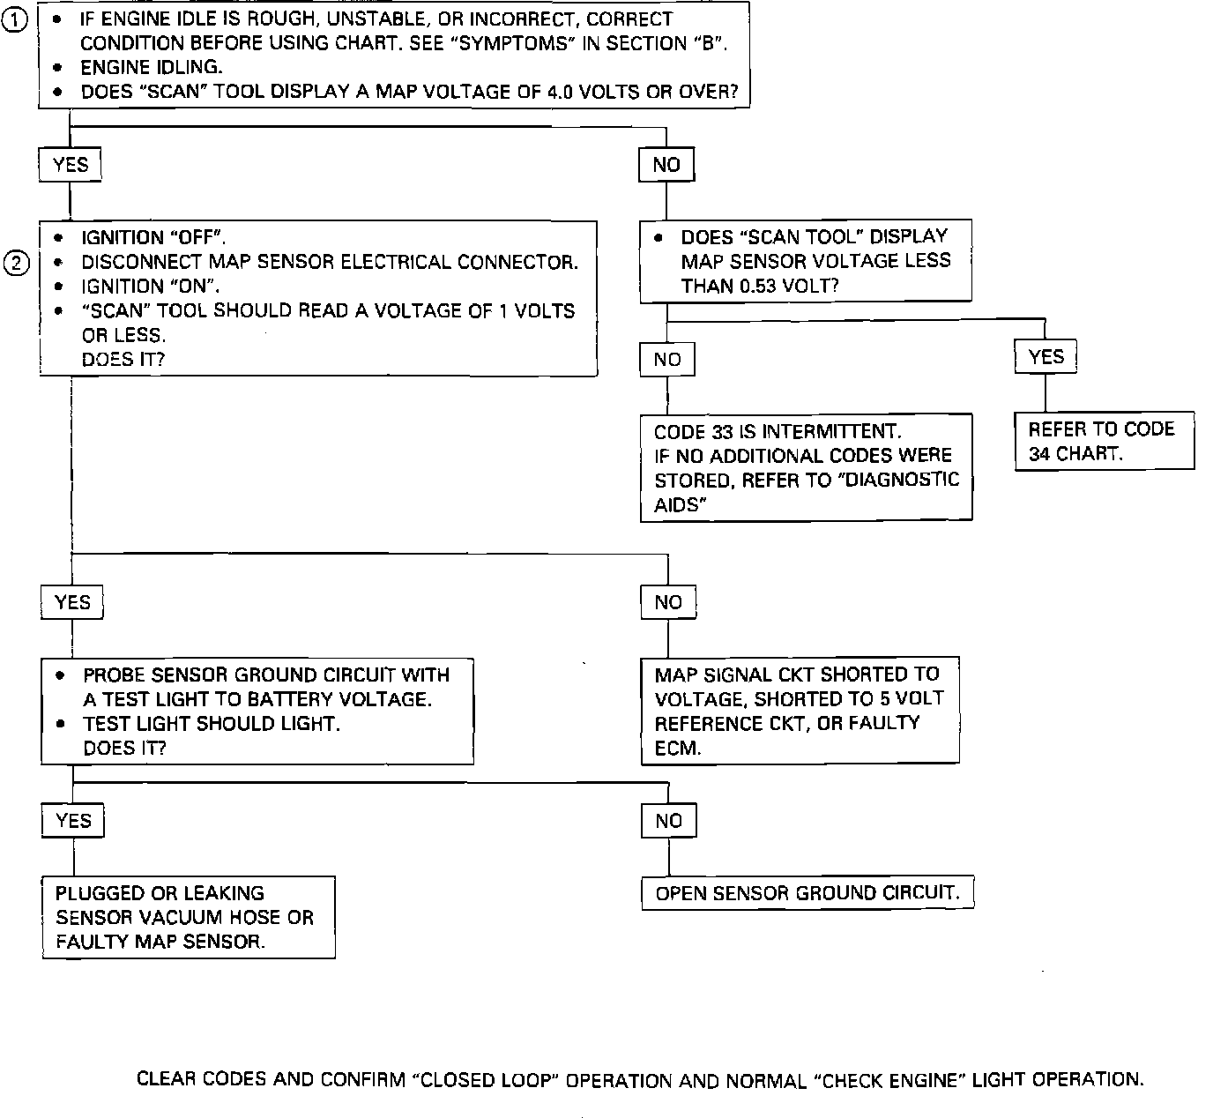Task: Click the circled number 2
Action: coord(17,263)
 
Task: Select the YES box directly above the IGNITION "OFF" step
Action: coord(71,165)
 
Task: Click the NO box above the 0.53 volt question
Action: coord(666,165)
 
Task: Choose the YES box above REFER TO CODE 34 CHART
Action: coord(1046,357)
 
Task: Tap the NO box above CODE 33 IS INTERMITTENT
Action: coord(667,360)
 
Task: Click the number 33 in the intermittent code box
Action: coord(720,432)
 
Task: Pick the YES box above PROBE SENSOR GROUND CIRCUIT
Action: coord(72,602)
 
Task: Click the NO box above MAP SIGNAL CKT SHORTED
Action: coord(668,602)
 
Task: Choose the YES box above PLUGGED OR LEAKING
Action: coord(73,821)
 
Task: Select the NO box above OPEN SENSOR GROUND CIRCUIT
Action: coord(669,821)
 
